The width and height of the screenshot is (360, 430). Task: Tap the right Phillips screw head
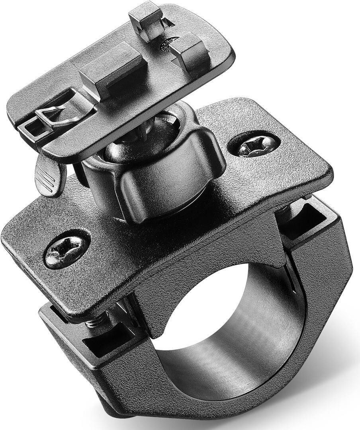(254, 145)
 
